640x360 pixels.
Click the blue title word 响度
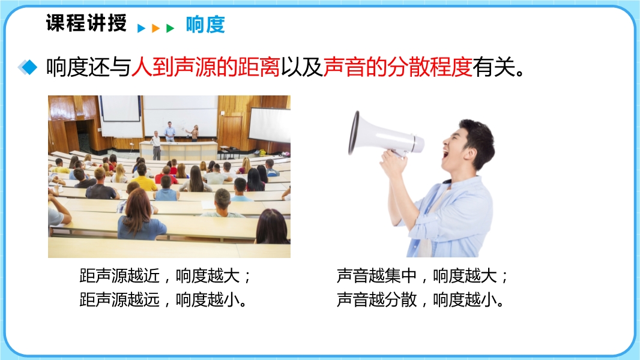click(x=205, y=25)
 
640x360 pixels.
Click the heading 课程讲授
click(x=86, y=22)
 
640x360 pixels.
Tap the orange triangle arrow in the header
click(x=155, y=28)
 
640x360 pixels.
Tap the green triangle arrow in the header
click(x=170, y=28)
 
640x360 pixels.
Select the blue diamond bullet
click(x=28, y=67)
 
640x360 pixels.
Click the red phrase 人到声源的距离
click(x=205, y=67)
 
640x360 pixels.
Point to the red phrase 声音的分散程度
click(x=397, y=67)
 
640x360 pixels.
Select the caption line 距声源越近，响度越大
click(x=165, y=276)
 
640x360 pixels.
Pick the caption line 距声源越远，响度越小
click(x=163, y=299)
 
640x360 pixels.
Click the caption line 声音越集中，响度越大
click(x=422, y=276)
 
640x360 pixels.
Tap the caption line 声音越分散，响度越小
click(x=420, y=299)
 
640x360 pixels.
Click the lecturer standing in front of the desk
click(x=155, y=145)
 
